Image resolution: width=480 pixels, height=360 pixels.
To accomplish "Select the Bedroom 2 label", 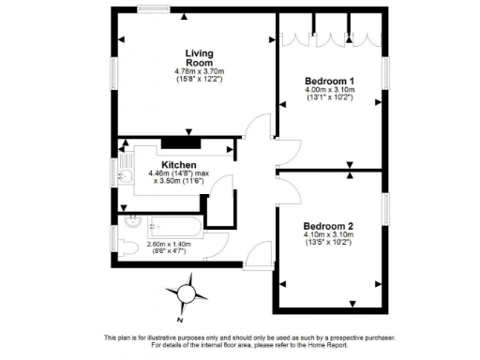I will click(328, 227).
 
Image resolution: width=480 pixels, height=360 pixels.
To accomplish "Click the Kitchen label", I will click(178, 164).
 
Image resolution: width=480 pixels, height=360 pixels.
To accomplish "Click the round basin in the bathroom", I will click(132, 223).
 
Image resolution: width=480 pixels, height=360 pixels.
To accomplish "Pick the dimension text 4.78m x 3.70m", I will click(199, 72).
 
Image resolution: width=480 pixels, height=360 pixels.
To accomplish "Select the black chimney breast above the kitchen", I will click(177, 142).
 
